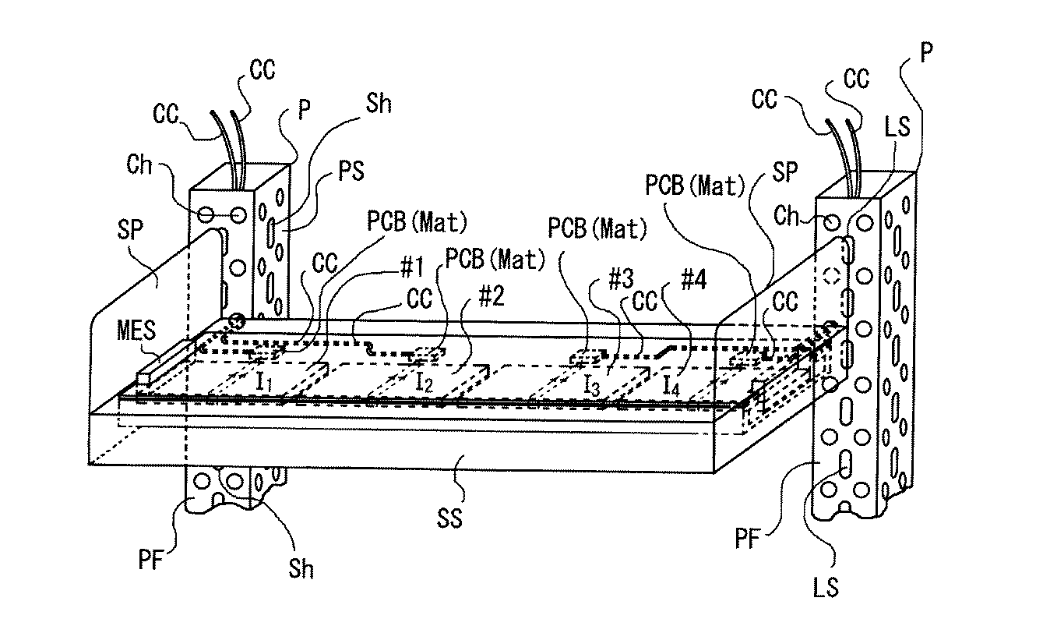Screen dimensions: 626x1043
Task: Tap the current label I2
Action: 424,381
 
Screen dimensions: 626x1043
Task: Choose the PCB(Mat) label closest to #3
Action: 597,228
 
